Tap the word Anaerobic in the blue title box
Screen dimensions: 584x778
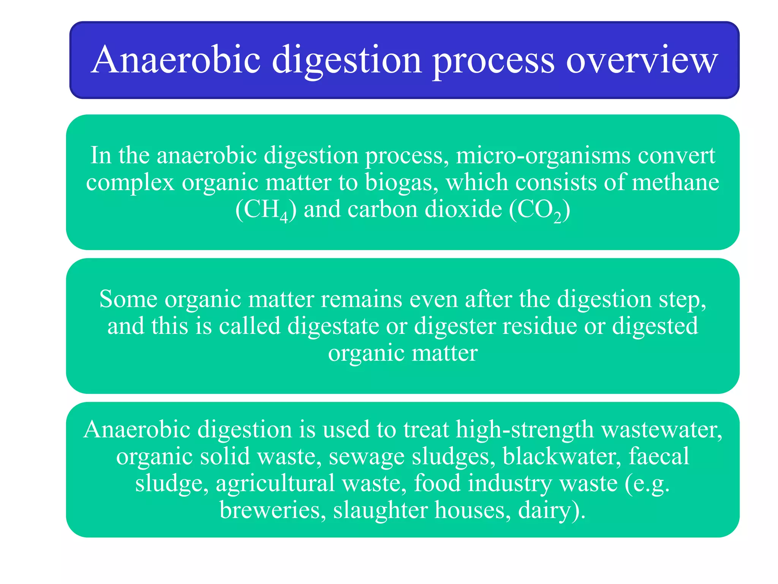[176, 60]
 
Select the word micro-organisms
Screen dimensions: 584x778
[543, 156]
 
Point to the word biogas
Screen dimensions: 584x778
[399, 182]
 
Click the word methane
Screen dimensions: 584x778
[675, 182]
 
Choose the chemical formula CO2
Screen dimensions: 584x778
[539, 210]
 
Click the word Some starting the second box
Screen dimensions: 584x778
[128, 299]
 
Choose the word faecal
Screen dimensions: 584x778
[659, 456]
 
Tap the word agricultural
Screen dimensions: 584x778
[275, 483]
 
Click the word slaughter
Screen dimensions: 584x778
[380, 510]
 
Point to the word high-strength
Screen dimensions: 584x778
[525, 430]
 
